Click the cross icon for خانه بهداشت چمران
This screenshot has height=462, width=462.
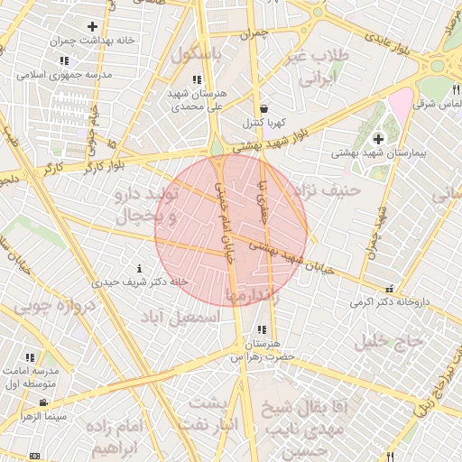92,27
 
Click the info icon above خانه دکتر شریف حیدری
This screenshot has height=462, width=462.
139,268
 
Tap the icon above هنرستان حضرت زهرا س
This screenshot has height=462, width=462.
262,330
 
